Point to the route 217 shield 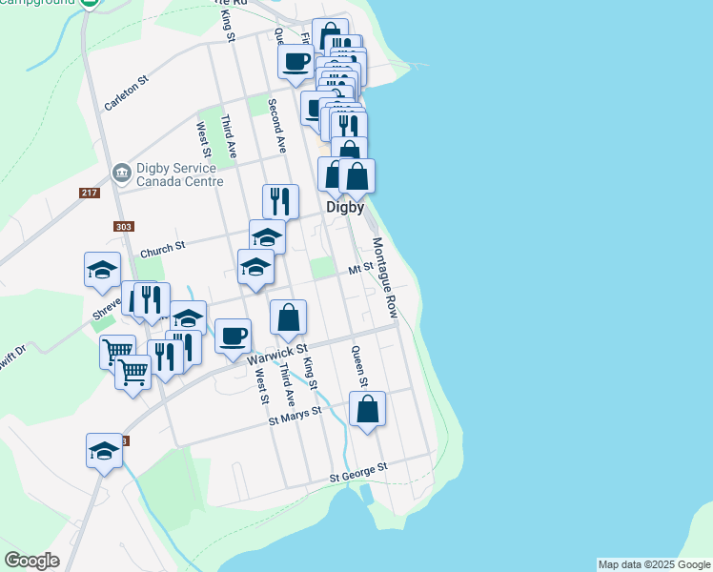(90, 194)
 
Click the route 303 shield (123, 227)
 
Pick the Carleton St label (128, 94)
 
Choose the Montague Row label (384, 277)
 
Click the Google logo (31, 561)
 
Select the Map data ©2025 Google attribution (654, 564)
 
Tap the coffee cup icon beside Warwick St (233, 336)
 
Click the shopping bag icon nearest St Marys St (367, 409)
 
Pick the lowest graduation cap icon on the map (104, 451)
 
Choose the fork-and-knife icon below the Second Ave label (280, 201)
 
